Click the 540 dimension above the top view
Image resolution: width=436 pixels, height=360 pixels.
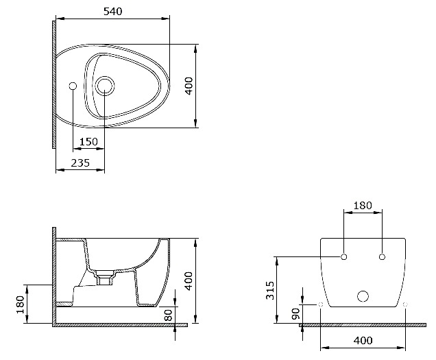113,12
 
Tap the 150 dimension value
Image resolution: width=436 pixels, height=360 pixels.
88,142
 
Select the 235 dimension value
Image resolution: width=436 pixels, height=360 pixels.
80,163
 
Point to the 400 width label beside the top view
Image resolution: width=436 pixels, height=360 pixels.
189,86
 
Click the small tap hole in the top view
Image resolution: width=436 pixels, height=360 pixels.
73,86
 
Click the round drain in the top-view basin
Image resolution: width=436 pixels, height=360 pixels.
105,86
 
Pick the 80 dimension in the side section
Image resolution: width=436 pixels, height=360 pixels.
169,315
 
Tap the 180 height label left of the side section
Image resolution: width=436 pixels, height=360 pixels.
21,304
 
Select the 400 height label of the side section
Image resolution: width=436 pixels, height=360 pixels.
189,281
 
